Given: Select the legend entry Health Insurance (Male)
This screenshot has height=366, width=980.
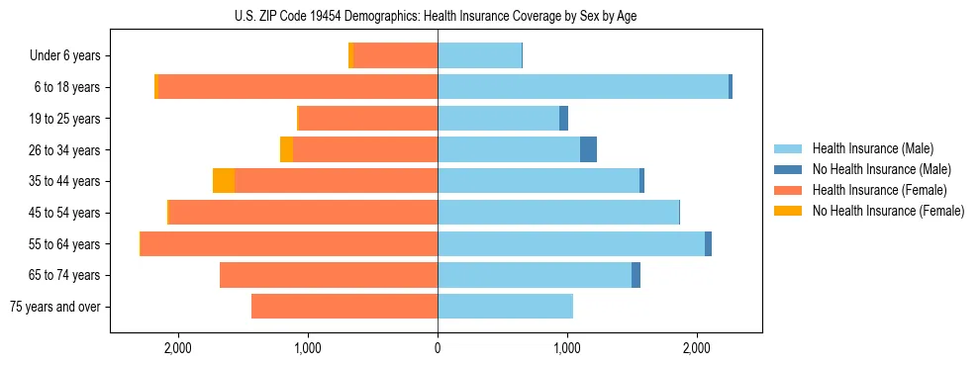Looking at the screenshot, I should [x=872, y=148].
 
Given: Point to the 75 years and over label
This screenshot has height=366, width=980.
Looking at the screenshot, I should [x=54, y=307].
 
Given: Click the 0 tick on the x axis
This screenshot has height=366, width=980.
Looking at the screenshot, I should [x=438, y=348].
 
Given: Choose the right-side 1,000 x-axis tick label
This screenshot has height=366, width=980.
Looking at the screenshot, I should [x=567, y=348].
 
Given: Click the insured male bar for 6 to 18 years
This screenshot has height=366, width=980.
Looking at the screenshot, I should [x=583, y=87].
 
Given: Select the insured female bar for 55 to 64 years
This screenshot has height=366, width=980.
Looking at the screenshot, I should [x=289, y=243].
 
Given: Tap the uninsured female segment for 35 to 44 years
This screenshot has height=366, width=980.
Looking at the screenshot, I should [x=224, y=181].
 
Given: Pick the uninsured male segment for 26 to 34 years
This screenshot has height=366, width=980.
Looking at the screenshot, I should [x=588, y=149].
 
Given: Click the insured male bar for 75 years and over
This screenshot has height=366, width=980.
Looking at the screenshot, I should [x=505, y=307].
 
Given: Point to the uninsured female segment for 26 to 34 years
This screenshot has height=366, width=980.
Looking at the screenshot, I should [x=286, y=149].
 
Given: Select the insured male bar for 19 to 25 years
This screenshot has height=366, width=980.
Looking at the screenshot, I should [x=498, y=119].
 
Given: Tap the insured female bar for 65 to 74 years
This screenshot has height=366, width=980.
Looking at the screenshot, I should [x=329, y=275].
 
